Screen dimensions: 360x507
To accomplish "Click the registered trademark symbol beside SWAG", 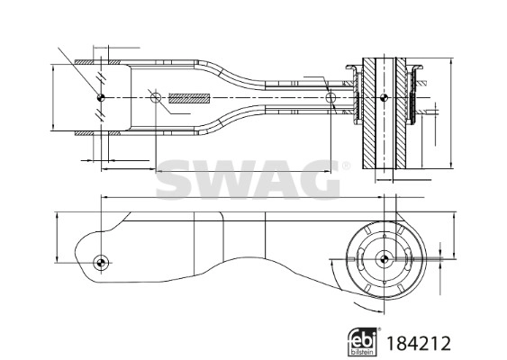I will click(x=343, y=166).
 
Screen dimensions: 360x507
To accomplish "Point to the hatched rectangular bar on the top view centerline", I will click(x=189, y=97).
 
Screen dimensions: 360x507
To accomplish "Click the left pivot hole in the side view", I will click(x=101, y=262).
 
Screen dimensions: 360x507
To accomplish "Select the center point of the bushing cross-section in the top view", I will click(x=385, y=97).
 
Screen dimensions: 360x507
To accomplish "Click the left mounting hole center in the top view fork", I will click(x=101, y=97).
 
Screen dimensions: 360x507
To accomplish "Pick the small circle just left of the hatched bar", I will click(x=155, y=97).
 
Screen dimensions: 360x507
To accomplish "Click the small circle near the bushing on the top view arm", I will click(x=331, y=97).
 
